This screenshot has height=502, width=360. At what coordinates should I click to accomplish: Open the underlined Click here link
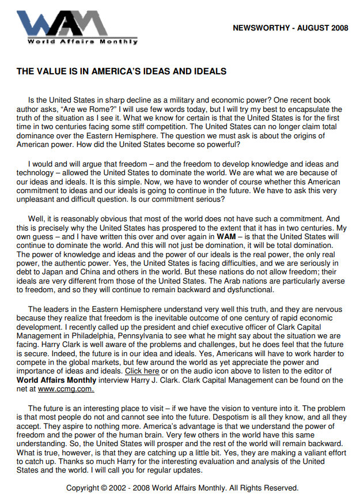click(x=142, y=372)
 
